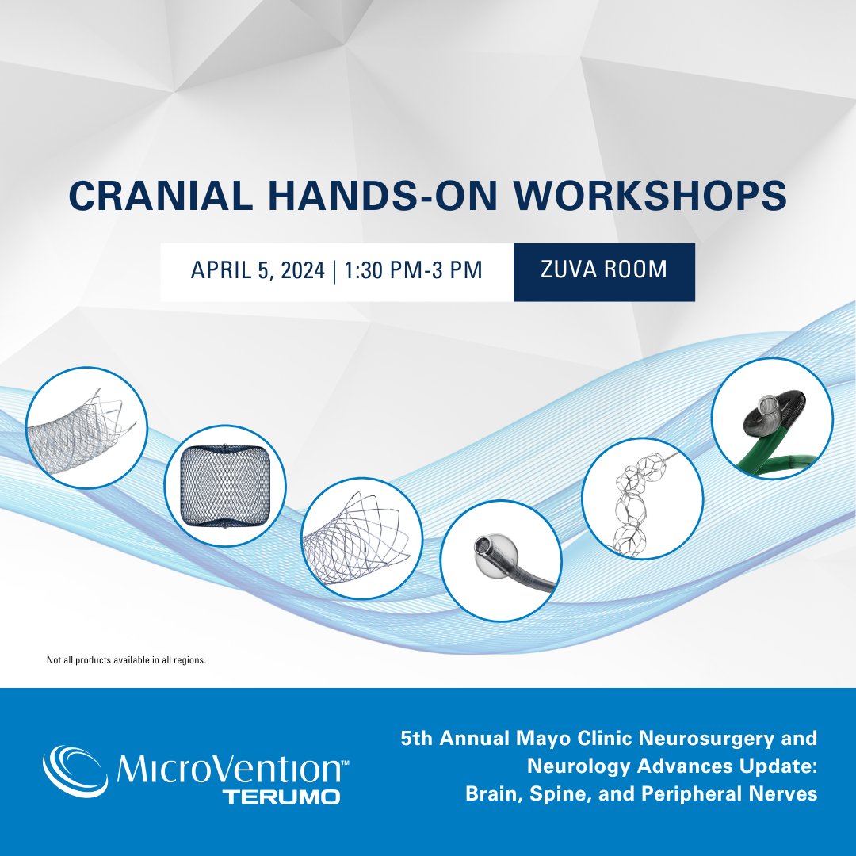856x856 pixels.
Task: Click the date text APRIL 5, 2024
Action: (x=258, y=270)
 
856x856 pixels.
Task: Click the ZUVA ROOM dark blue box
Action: (x=604, y=270)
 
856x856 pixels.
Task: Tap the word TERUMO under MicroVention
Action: (x=281, y=796)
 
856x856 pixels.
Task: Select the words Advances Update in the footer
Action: (x=673, y=766)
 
